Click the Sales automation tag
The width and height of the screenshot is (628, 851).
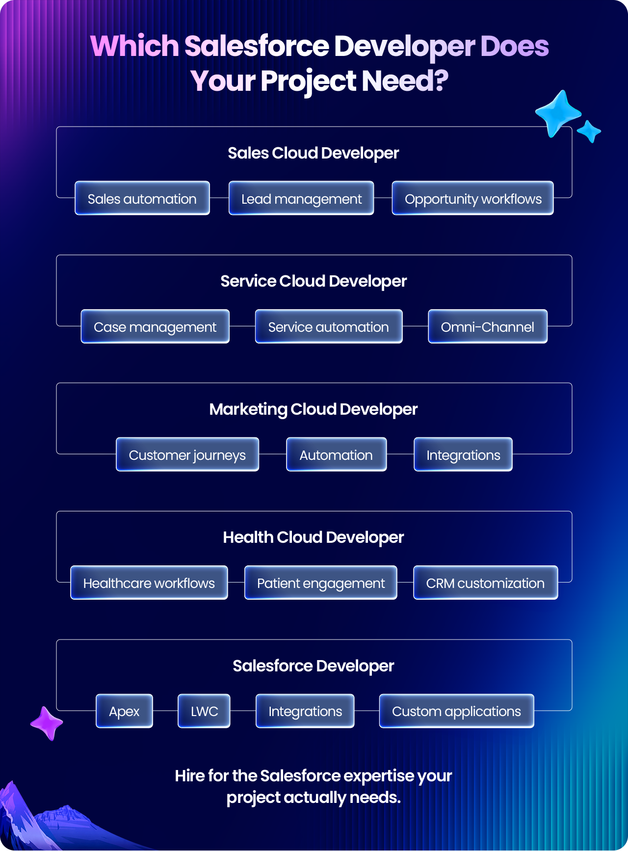pos(142,198)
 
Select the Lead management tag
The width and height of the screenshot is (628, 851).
pos(301,198)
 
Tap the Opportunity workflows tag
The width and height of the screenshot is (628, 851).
pos(473,198)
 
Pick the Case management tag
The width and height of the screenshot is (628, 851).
pos(155,326)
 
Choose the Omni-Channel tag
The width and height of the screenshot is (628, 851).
pos(488,326)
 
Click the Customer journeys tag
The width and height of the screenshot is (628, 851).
pos(187,454)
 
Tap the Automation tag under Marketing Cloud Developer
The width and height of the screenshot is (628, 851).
pos(337,454)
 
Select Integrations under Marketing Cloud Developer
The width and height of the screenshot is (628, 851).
pos(463,454)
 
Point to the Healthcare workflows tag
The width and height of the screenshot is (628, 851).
pos(149,583)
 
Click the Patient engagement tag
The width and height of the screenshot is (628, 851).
pos(321,583)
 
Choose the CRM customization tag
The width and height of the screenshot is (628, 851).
pos(486,583)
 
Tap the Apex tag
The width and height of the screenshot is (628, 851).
pos(124,711)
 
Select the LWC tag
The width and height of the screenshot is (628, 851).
pos(204,711)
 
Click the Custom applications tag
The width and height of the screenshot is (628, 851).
pos(457,711)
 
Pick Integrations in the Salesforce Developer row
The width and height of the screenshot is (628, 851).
pos(305,711)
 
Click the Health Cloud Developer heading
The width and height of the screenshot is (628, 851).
pos(314,537)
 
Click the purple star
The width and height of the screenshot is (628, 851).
pos(47,723)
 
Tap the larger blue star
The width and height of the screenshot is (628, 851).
pos(558,113)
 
